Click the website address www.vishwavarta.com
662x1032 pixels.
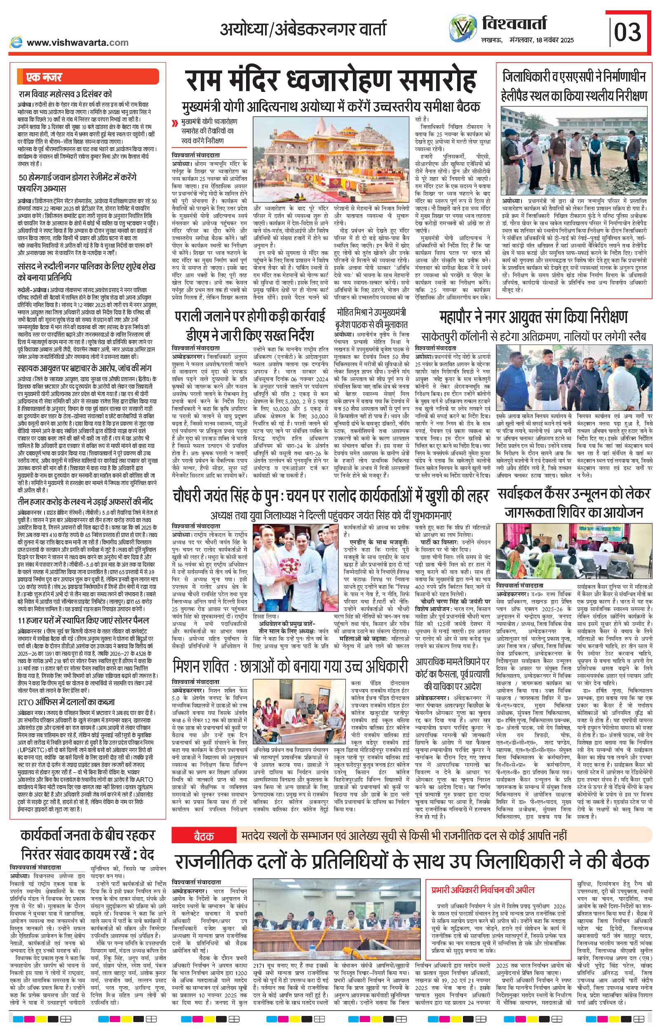77,42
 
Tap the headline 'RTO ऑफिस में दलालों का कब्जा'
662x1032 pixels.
66,702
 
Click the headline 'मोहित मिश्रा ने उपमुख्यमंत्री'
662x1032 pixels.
371,312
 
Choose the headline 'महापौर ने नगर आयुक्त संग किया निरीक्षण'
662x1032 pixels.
533,317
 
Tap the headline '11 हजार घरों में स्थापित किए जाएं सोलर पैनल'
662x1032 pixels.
83,621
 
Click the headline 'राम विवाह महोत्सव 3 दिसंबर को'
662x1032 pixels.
66,94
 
